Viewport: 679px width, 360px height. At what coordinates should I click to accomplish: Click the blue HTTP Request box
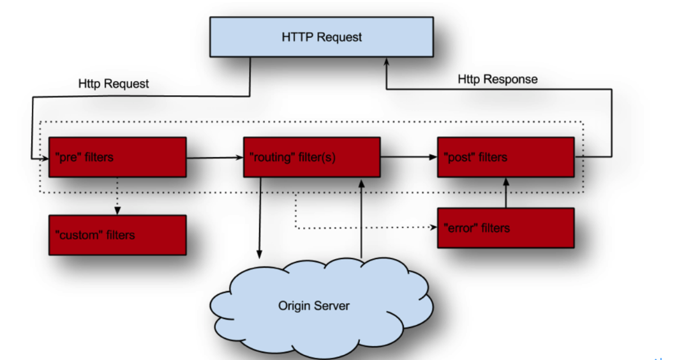(322, 37)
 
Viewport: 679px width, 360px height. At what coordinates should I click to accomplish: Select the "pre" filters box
(117, 157)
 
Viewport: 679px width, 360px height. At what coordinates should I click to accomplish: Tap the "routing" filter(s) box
(312, 157)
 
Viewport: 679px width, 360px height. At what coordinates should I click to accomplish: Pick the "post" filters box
(506, 157)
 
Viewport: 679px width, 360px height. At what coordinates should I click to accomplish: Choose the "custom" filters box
(117, 235)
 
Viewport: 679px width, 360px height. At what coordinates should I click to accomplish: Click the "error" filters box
(506, 228)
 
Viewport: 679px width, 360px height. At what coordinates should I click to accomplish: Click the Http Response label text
(498, 79)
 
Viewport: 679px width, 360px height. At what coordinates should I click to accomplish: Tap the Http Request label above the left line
(114, 84)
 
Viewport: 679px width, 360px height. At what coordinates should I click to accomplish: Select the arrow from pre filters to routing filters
(215, 158)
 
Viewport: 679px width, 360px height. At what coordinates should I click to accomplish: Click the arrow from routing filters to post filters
(409, 157)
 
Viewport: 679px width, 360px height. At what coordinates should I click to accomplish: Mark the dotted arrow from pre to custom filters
(117, 196)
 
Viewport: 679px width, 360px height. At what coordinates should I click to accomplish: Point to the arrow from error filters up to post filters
(506, 193)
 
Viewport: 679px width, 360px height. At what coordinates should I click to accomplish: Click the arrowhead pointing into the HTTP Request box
(386, 61)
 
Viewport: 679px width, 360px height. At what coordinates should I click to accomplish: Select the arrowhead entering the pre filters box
(45, 158)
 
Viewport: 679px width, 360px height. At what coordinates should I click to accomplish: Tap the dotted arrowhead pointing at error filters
(433, 227)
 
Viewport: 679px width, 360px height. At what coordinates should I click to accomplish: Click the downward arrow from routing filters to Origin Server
(260, 218)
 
